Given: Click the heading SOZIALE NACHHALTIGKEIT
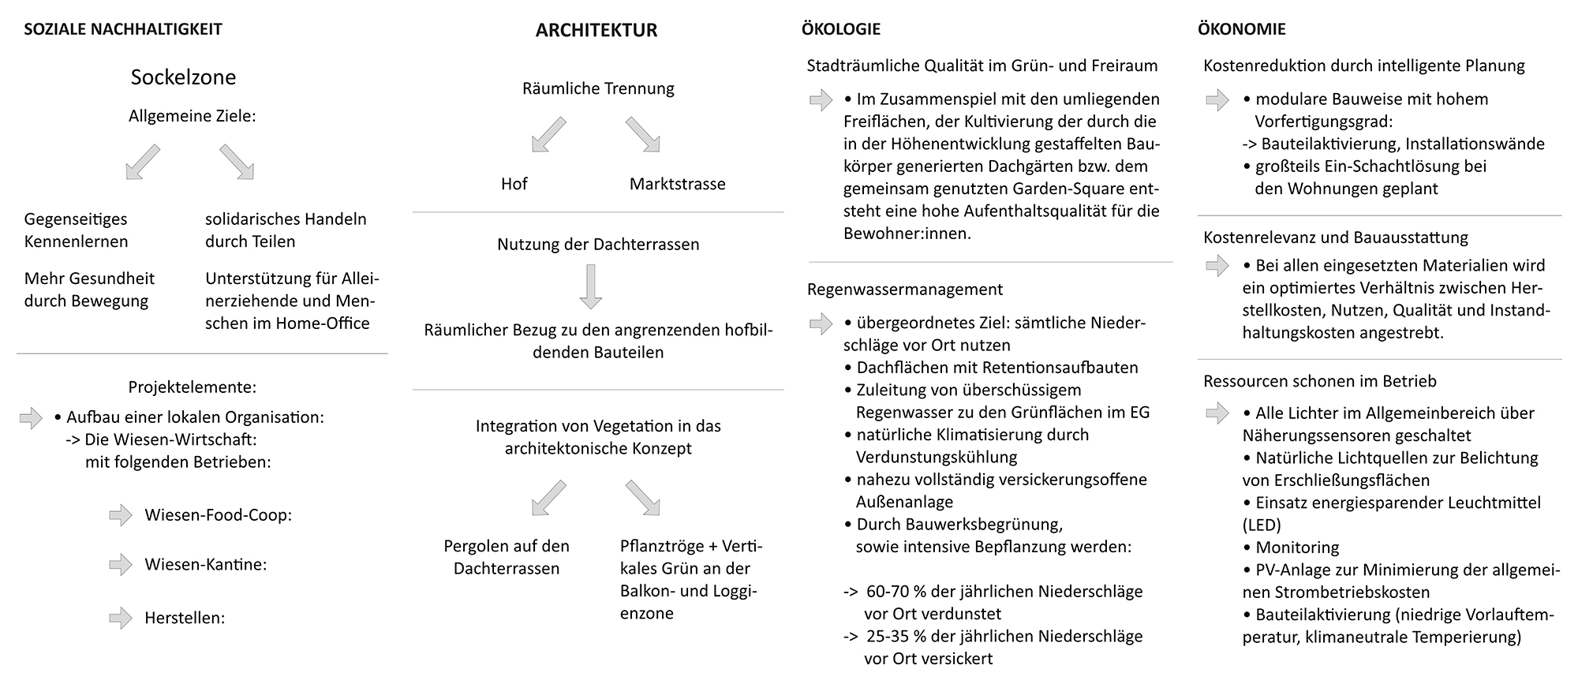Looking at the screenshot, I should pyautogui.click(x=123, y=30).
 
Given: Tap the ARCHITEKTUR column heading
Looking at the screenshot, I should pyautogui.click(x=596, y=31).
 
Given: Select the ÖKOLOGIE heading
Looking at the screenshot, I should pyautogui.click(x=841, y=30).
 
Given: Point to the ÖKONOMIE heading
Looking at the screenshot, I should pyautogui.click(x=1242, y=30).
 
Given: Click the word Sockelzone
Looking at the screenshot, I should pyautogui.click(x=183, y=77).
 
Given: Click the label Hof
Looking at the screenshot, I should pyautogui.click(x=514, y=184).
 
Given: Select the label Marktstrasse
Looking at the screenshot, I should pyautogui.click(x=677, y=184).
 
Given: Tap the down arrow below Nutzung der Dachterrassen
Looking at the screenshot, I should pyautogui.click(x=590, y=286).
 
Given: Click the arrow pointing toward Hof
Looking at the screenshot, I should pyautogui.click(x=548, y=134).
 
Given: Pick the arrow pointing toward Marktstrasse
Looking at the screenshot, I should pyautogui.click(x=643, y=134).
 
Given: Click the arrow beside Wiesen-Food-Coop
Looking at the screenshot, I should pyautogui.click(x=121, y=515).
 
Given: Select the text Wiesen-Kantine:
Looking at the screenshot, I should pyautogui.click(x=205, y=565).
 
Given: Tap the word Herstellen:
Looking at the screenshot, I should pyautogui.click(x=185, y=618).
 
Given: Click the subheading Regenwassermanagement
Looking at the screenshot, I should pyautogui.click(x=905, y=290).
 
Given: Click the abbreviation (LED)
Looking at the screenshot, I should pyautogui.click(x=1262, y=525).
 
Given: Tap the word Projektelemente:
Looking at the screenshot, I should pyautogui.click(x=193, y=387).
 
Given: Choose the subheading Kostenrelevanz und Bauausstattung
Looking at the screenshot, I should pyautogui.click(x=1336, y=237).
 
